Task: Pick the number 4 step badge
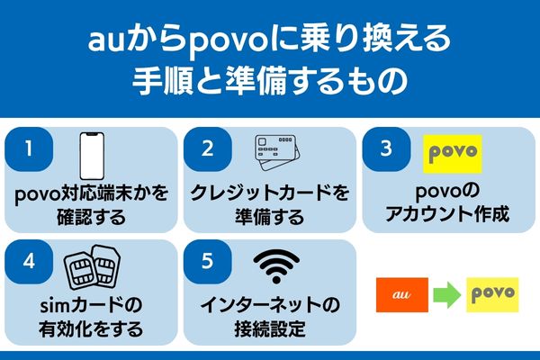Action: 30,262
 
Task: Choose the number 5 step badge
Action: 208,262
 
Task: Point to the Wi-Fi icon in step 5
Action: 275,265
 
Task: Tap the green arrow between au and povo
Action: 446,294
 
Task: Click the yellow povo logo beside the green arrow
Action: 493,294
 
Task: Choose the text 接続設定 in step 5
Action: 268,329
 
